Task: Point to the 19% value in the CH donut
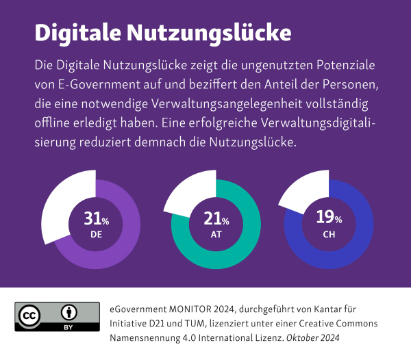click(x=329, y=218)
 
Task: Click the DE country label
click(x=96, y=234)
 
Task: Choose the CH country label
click(x=329, y=233)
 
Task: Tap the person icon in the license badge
click(x=69, y=312)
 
